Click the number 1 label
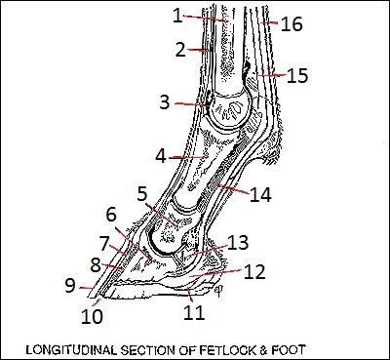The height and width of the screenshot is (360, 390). pyautogui.click(x=177, y=16)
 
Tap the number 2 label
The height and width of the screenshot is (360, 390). pyautogui.click(x=180, y=50)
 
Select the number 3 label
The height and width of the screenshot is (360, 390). pyautogui.click(x=165, y=102)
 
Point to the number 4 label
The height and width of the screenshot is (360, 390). pyautogui.click(x=161, y=156)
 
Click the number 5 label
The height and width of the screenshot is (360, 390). pyautogui.click(x=142, y=194)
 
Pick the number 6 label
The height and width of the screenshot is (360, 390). pyautogui.click(x=111, y=215)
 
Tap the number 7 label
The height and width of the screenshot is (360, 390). pyautogui.click(x=104, y=244)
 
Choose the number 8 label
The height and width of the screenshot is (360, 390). pyautogui.click(x=96, y=265)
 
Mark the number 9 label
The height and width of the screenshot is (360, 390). pyautogui.click(x=70, y=286)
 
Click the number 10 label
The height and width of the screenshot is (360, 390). pyautogui.click(x=92, y=316)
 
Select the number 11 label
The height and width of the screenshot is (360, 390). pyautogui.click(x=194, y=313)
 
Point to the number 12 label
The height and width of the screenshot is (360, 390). pyautogui.click(x=254, y=272)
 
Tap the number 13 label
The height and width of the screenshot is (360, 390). pyautogui.click(x=238, y=243)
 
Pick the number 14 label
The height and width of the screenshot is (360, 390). pyautogui.click(x=260, y=195)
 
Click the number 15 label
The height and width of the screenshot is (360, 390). pyautogui.click(x=297, y=75)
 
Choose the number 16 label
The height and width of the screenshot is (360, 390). pyautogui.click(x=292, y=24)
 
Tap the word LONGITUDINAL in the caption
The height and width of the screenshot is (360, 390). pyautogui.click(x=71, y=350)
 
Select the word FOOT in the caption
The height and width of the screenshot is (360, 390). pyautogui.click(x=292, y=349)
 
